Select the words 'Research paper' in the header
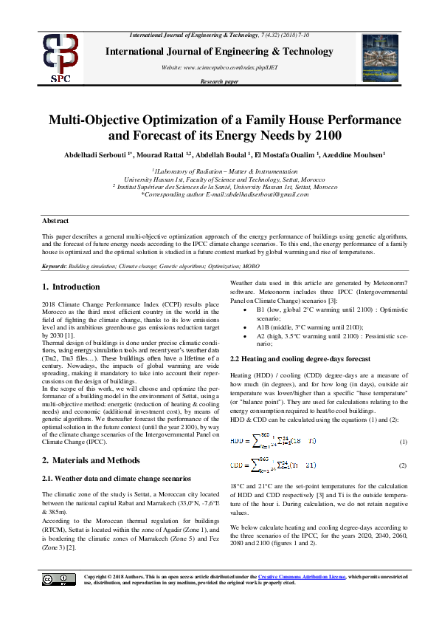[x=219, y=81]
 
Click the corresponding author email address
[x=256, y=194]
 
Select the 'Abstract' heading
[x=55, y=221]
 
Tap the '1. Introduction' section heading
[x=70, y=286]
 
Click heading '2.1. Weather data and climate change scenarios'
[x=117, y=478]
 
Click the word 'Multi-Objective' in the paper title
[x=100, y=120]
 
